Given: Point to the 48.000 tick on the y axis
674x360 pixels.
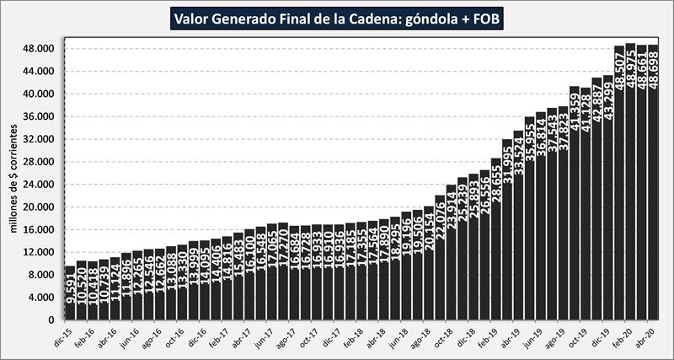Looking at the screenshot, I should tap(39, 49).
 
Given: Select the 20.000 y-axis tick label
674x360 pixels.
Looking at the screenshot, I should tap(39, 207).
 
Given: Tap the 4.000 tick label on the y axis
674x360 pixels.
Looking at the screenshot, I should tap(41, 297).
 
